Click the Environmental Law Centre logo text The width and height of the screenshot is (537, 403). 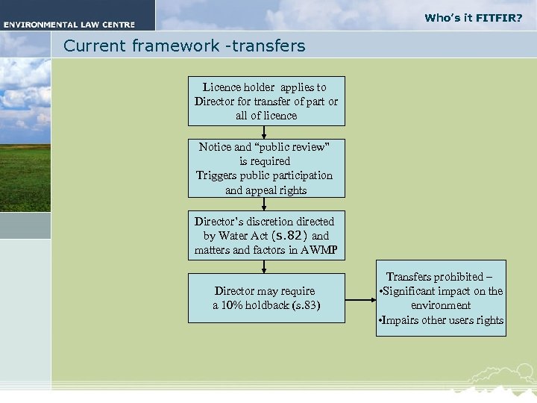[68, 25]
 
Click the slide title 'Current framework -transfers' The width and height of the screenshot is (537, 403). [184, 46]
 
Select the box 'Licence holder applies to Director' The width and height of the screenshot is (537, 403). [266, 101]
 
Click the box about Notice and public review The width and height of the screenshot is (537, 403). [266, 169]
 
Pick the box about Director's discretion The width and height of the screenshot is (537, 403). [266, 236]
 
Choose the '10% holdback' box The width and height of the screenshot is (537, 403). [266, 298]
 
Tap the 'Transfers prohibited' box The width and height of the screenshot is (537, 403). [441, 299]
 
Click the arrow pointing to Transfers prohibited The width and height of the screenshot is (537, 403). [361, 301]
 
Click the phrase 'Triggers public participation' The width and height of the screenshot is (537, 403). [265, 175]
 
